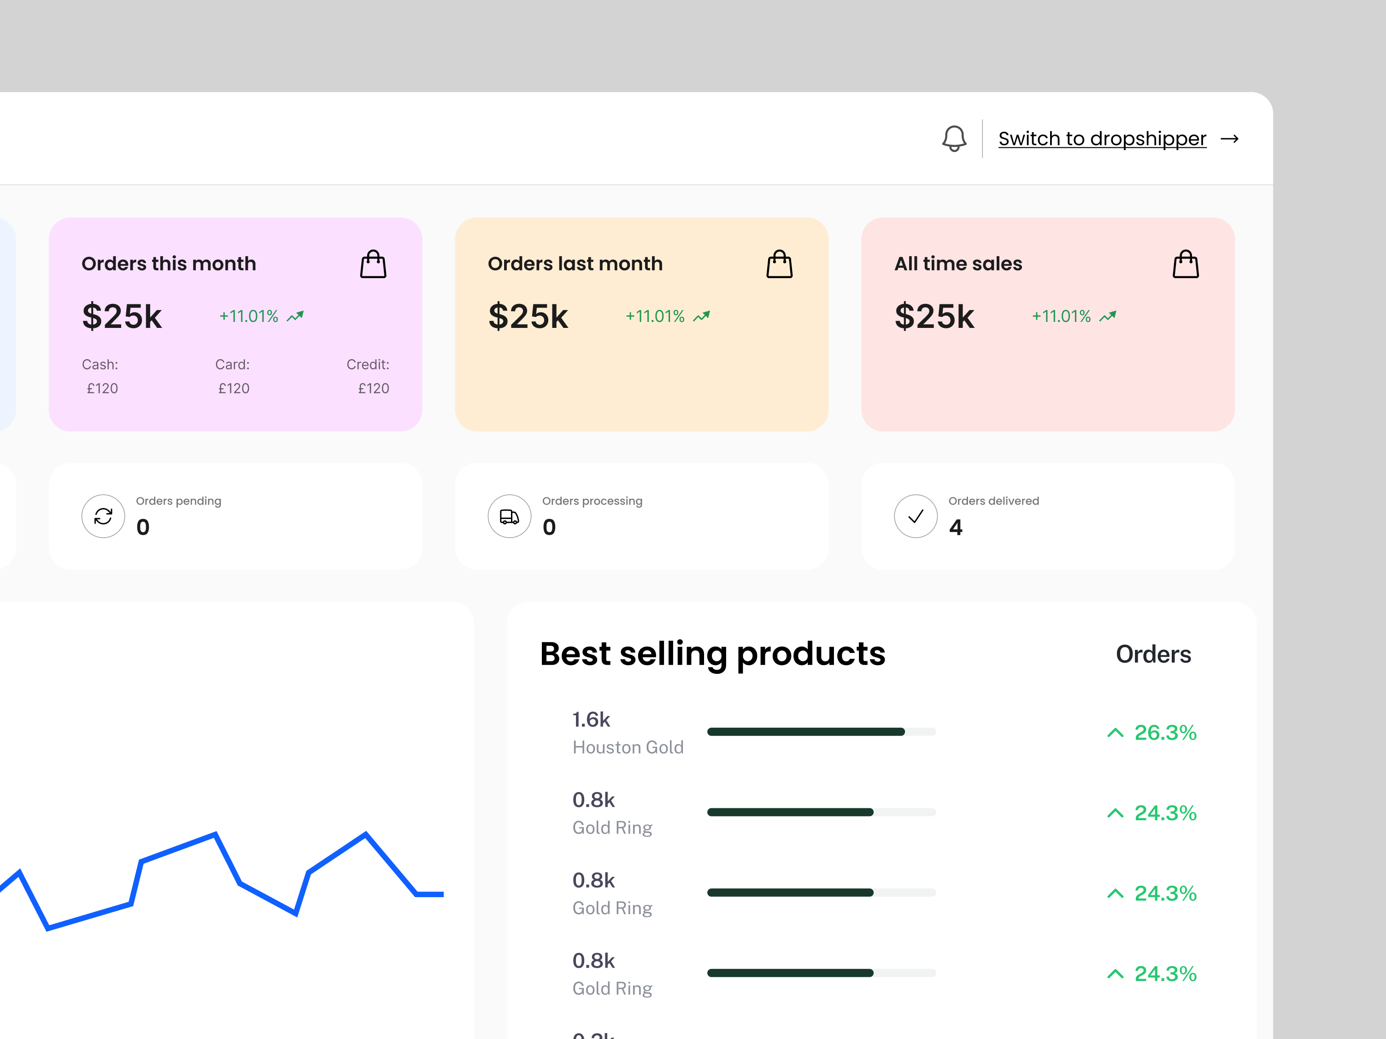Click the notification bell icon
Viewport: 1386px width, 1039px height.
[954, 139]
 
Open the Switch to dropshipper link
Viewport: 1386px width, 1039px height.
[1102, 139]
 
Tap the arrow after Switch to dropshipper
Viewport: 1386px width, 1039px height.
[1229, 139]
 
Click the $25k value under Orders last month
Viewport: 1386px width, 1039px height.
[528, 316]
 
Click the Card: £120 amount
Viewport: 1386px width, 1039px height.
[234, 388]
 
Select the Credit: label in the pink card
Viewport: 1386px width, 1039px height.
[368, 364]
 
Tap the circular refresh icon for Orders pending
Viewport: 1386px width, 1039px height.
[103, 516]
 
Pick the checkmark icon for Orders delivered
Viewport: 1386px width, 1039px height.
[916, 516]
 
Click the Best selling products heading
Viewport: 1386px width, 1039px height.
[712, 654]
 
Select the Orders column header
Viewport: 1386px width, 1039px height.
[1153, 654]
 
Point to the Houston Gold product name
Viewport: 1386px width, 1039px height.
[628, 747]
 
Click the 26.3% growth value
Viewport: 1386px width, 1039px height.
[1165, 732]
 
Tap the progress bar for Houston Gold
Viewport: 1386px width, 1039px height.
[821, 731]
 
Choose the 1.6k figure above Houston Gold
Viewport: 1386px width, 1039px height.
[591, 719]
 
